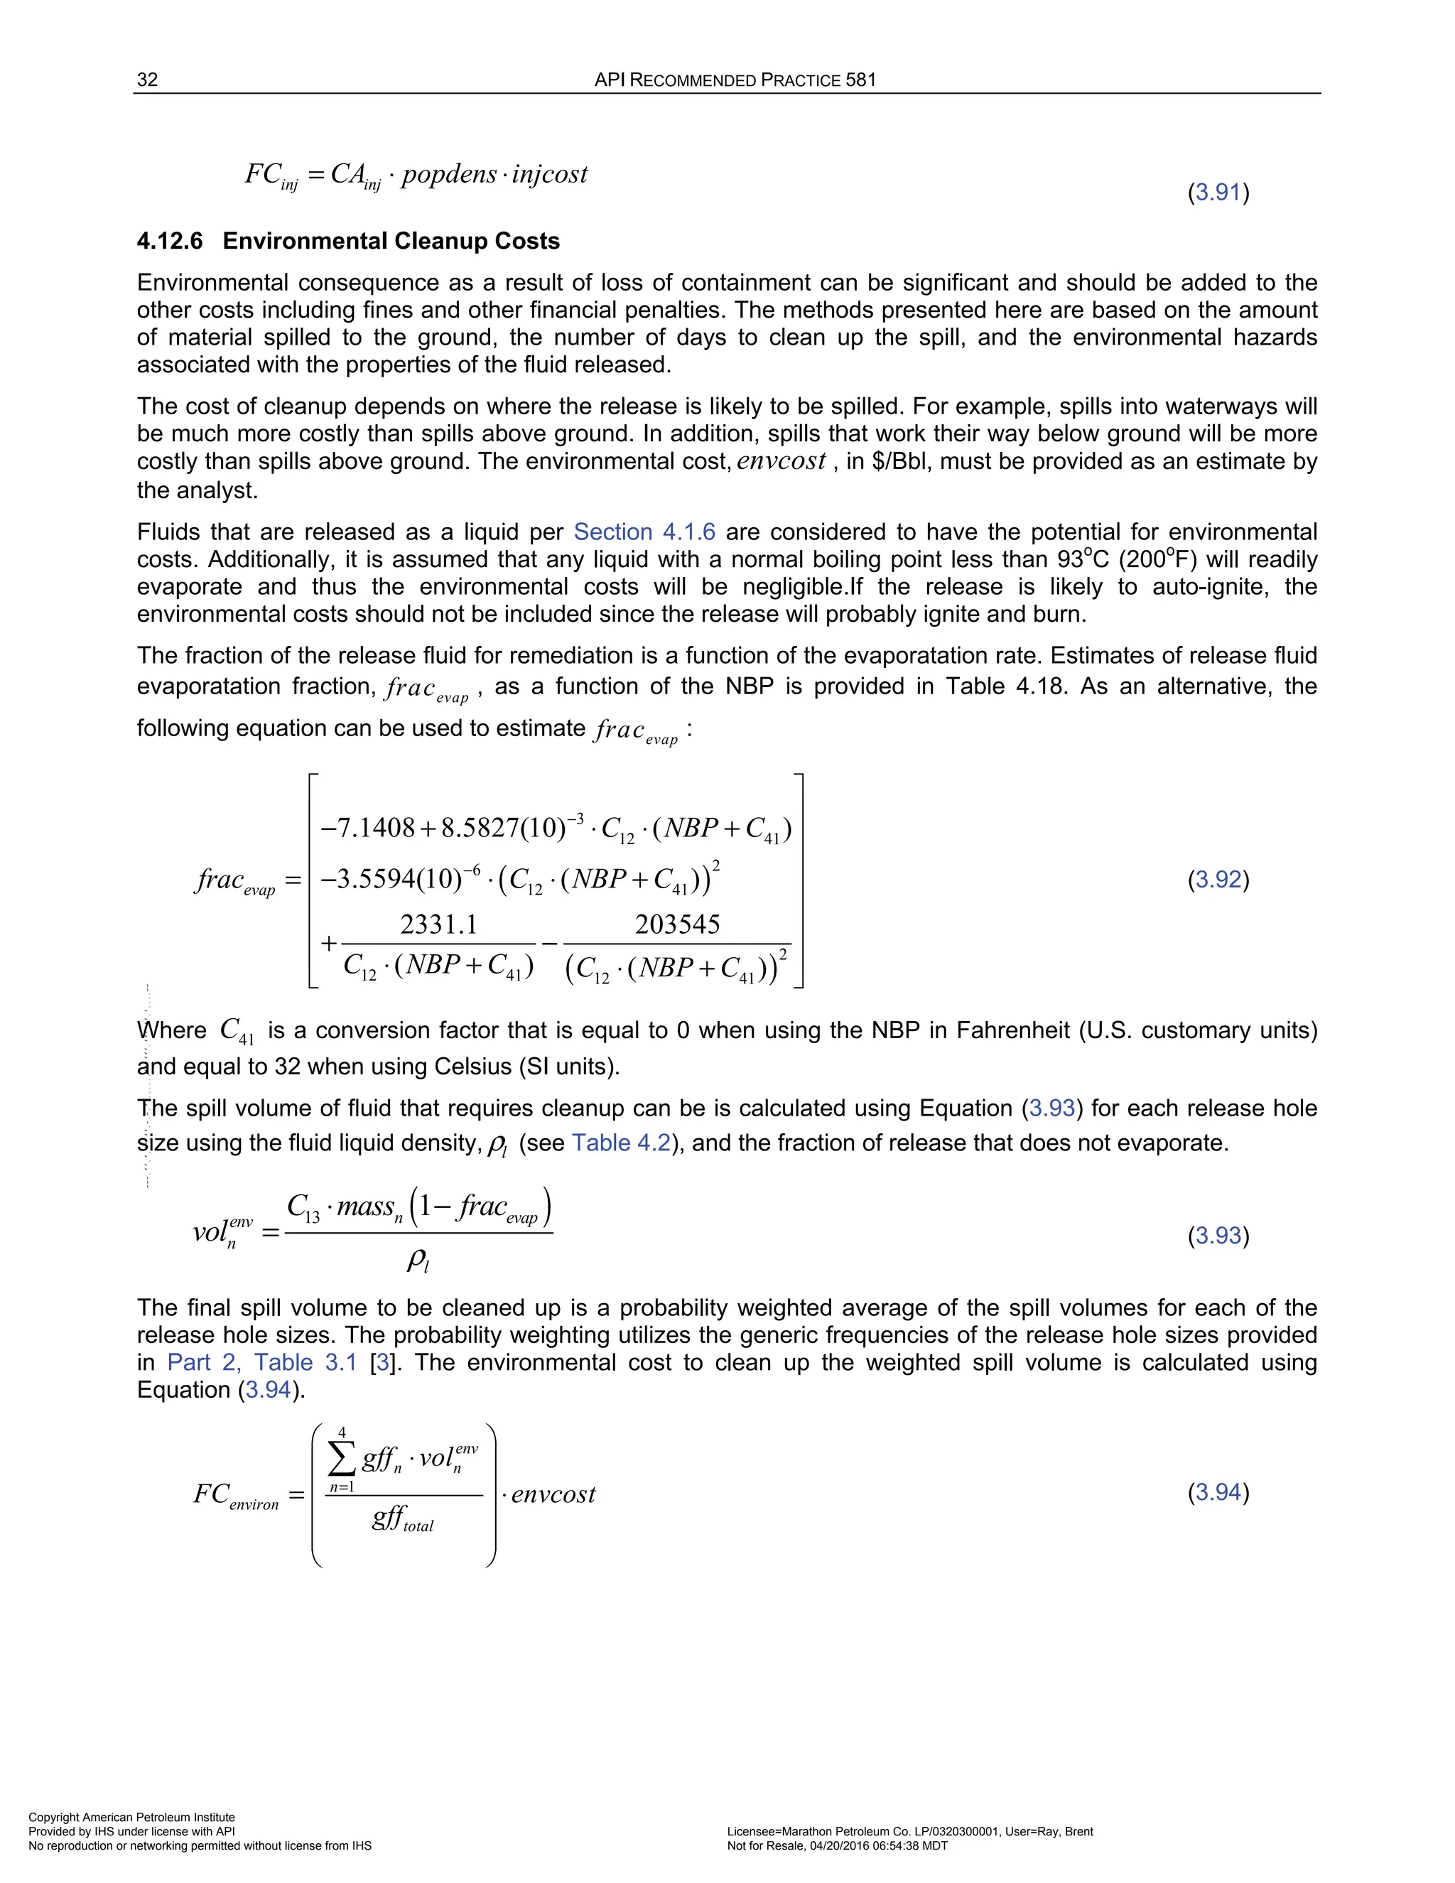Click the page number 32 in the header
[147, 80]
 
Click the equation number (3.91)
[1218, 193]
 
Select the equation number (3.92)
[1218, 880]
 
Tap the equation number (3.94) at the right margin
[1218, 1491]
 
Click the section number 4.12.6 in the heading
[170, 242]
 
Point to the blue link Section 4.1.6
[644, 532]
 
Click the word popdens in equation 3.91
[449, 174]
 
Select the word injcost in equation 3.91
[549, 174]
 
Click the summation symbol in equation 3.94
[342, 1459]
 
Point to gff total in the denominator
[403, 1518]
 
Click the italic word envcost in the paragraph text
[781, 461]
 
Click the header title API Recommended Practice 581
[735, 80]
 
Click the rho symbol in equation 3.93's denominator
[417, 1262]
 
